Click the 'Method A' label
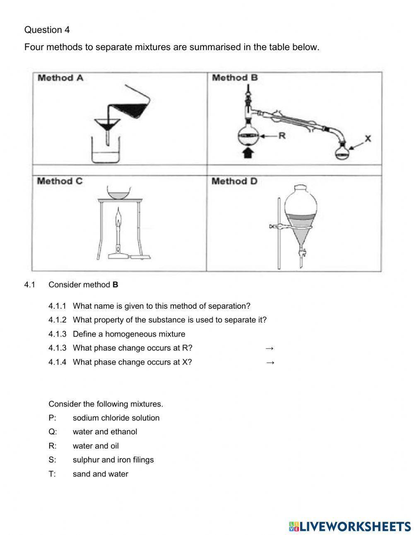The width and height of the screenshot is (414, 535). [x=60, y=78]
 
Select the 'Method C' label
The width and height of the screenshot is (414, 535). [x=60, y=181]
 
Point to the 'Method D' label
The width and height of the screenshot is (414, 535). [x=234, y=181]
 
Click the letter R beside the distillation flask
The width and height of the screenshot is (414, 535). [x=282, y=136]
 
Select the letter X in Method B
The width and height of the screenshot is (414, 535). [x=368, y=138]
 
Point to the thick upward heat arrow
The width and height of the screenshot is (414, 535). [x=248, y=153]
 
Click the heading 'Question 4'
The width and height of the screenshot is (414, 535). [x=47, y=30]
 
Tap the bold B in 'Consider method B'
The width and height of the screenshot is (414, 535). [x=115, y=285]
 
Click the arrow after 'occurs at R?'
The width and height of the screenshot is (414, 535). [x=270, y=348]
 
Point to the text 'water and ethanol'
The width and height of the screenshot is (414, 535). [x=105, y=432]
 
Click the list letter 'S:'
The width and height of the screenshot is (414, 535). [x=52, y=460]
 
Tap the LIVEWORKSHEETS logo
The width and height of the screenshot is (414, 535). [x=350, y=526]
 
